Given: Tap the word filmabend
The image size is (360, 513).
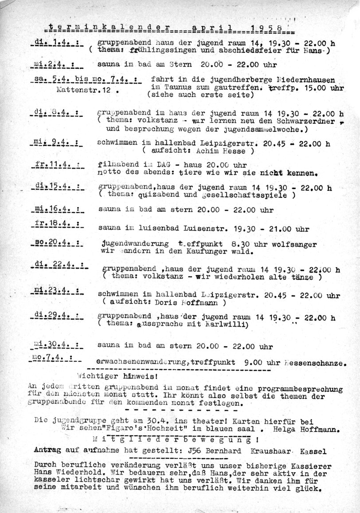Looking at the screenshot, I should pyautogui.click(x=117, y=163).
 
